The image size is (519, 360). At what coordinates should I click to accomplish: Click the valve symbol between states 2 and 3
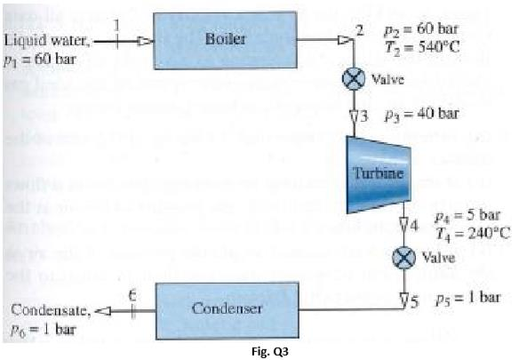pos(354,79)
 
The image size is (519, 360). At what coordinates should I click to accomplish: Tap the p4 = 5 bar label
pos(465,216)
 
